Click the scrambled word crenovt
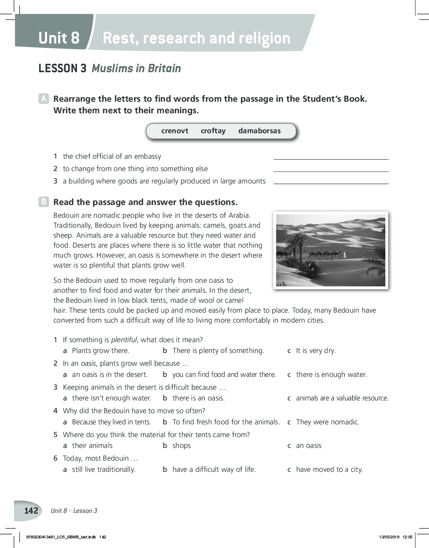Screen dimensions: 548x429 point(175,131)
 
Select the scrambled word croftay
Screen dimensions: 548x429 point(213,131)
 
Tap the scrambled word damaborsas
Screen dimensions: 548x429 point(259,131)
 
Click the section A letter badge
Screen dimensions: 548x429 point(43,99)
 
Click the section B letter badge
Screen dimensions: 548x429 point(43,202)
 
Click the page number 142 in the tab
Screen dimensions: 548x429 point(31,511)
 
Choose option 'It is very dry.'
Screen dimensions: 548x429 point(316,351)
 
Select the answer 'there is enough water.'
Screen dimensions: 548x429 point(331,375)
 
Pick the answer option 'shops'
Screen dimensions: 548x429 point(181,445)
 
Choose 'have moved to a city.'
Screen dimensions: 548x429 point(329,469)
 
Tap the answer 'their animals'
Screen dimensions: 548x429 point(92,445)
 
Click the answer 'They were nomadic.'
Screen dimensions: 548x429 point(327,422)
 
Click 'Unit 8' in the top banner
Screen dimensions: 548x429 point(59,38)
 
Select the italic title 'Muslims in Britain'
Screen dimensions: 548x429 point(136,69)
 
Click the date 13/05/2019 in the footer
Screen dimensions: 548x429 point(389,537)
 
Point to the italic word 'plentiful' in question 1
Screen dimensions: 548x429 point(124,340)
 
